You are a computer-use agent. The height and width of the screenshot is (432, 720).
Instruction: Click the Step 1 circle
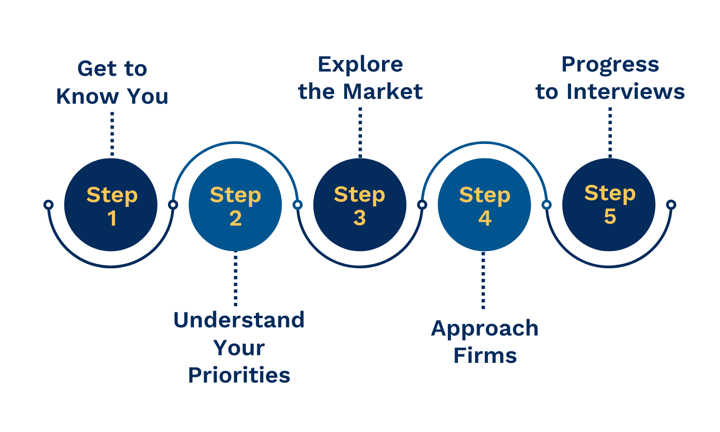coord(111,205)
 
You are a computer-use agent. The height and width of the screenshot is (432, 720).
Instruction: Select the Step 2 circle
coord(235,205)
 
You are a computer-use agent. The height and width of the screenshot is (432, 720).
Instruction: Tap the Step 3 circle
coord(360,205)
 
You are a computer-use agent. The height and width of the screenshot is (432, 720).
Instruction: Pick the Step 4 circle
coord(484,205)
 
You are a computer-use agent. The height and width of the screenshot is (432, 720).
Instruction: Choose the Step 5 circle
coord(609,205)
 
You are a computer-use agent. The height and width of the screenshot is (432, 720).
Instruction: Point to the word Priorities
coord(239,375)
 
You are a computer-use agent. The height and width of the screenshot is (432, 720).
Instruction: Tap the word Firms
coord(485,356)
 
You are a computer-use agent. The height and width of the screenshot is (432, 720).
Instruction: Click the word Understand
coord(239,320)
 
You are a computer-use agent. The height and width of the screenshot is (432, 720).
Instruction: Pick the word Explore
coord(360,64)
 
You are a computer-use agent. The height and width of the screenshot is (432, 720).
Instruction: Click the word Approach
coord(485,329)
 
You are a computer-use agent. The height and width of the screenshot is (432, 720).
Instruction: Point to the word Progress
coord(610,64)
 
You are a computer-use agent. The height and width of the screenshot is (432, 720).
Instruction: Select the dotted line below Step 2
coord(235,278)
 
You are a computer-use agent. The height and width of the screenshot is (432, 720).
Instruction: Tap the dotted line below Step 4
coord(483,281)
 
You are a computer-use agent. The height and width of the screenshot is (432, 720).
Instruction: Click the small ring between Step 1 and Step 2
coord(173,205)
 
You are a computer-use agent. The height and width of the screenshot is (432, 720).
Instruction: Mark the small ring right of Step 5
coord(671,205)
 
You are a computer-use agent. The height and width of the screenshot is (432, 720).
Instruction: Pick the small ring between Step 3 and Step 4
coord(422,205)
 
